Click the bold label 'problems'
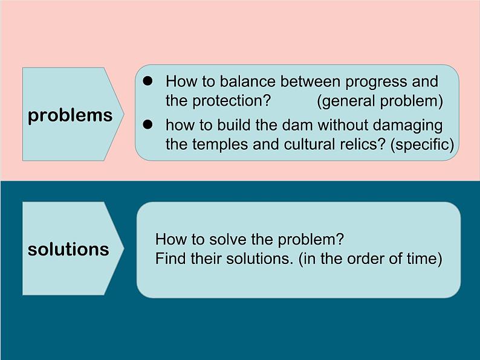tap(70, 116)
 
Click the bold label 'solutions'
tap(68, 249)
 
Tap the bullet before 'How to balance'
tap(148, 81)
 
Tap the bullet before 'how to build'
tap(148, 124)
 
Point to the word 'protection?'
tap(232, 101)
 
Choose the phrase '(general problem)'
tap(380, 101)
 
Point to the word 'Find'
tap(171, 259)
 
